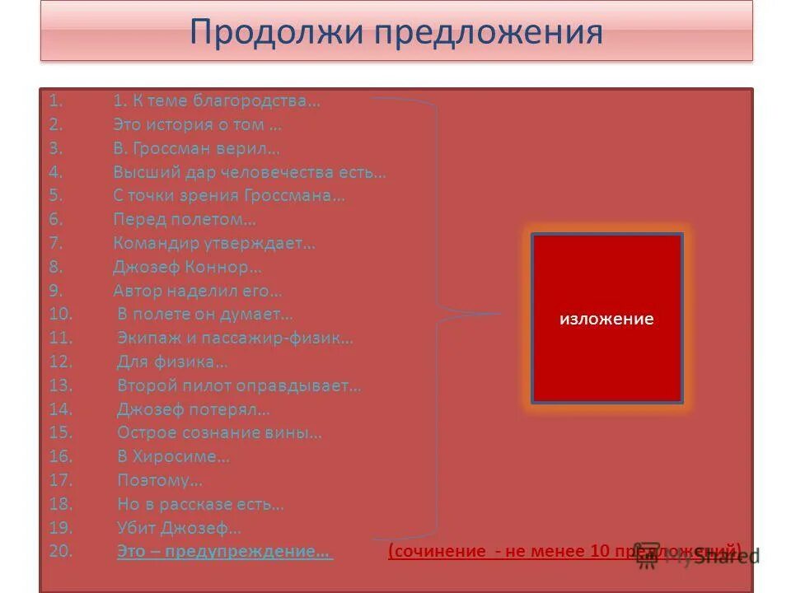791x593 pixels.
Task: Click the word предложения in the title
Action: [487, 33]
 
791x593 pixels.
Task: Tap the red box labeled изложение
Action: [607, 319]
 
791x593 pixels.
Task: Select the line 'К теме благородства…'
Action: [217, 101]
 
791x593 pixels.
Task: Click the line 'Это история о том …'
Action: [198, 125]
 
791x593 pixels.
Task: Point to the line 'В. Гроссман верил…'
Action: [197, 149]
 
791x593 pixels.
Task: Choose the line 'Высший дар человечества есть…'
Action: [250, 173]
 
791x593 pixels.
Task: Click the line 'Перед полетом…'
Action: [185, 220]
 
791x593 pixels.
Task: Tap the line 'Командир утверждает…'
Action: [214, 243]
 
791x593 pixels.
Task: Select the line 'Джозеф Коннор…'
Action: [188, 267]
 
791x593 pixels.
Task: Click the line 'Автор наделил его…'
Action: [198, 291]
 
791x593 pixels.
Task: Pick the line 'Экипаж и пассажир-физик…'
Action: [235, 338]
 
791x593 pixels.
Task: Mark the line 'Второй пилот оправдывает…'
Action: [239, 385]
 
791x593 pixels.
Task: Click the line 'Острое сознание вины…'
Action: [219, 432]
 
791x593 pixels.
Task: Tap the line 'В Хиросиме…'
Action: [173, 456]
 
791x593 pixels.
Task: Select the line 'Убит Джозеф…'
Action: [179, 528]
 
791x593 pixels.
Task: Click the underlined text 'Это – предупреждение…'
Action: [225, 552]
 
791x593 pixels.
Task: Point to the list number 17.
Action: [61, 480]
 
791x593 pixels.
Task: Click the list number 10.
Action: [61, 314]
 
